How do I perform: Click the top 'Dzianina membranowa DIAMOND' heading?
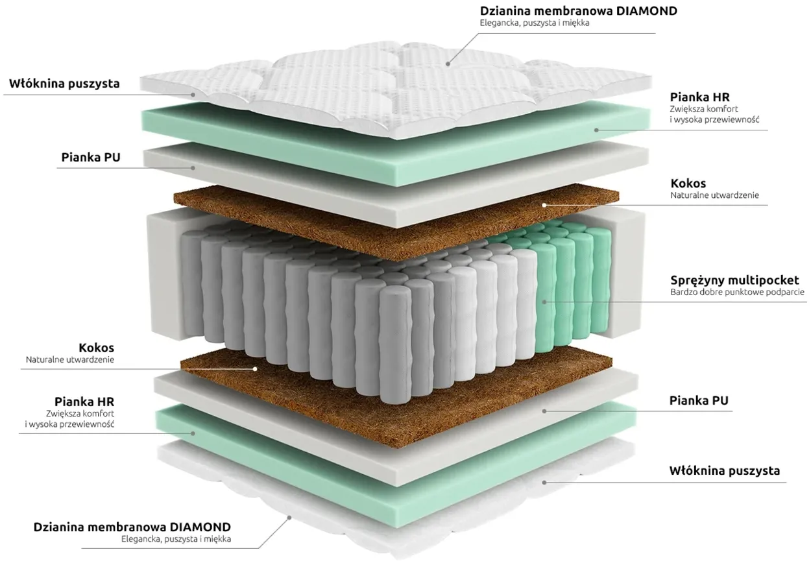pos(578,11)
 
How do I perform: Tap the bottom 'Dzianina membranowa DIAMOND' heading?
pos(132,527)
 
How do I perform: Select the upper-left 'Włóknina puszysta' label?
pos(64,84)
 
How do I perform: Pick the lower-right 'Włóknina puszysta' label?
pos(725,471)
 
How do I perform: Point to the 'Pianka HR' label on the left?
pos(84,402)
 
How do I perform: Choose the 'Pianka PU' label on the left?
pos(91,158)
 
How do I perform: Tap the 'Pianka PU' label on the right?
pos(699,401)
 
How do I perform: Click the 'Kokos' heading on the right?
pos(688,184)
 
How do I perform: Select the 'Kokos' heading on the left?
pos(96,348)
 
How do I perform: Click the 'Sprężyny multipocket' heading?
pos(734,280)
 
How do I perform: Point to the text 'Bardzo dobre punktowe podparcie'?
pos(737,292)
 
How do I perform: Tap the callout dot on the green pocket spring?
pos(544,302)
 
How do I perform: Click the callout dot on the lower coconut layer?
pos(255,369)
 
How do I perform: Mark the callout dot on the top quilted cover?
pos(448,64)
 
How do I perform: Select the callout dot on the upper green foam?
pos(596,130)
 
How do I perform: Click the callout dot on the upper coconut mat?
pos(544,205)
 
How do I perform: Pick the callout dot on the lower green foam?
pos(193,433)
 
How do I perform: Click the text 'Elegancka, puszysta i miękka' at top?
pos(535,23)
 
